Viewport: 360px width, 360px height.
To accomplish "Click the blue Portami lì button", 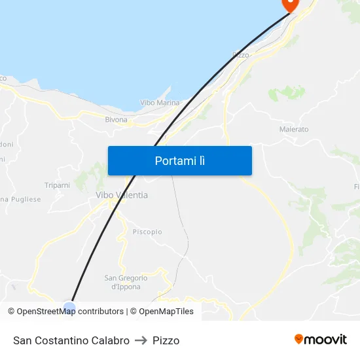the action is tap(179, 160).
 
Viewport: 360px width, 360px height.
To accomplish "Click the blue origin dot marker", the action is tap(69, 307).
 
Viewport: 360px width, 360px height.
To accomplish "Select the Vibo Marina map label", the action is tap(160, 103).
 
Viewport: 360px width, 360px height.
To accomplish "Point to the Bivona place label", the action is tap(117, 120).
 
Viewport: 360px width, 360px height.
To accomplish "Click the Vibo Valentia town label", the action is tap(122, 195).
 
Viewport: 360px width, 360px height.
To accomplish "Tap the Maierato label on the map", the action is tap(294, 130).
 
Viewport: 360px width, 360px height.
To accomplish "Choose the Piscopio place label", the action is tap(147, 232).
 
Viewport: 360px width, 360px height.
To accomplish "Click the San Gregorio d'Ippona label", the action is tap(126, 282).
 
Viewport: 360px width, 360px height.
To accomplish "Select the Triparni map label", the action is tap(57, 185).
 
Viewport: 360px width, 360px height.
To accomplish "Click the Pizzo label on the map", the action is tap(241, 55).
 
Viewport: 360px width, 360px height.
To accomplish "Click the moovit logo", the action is tap(321, 339).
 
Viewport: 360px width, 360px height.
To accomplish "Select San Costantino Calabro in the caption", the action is tap(71, 340).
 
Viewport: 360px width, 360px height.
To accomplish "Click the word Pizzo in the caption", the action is tap(166, 340).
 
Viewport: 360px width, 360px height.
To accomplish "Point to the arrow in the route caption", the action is tap(141, 340).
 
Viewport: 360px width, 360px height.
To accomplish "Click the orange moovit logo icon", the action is tap(299, 339).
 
